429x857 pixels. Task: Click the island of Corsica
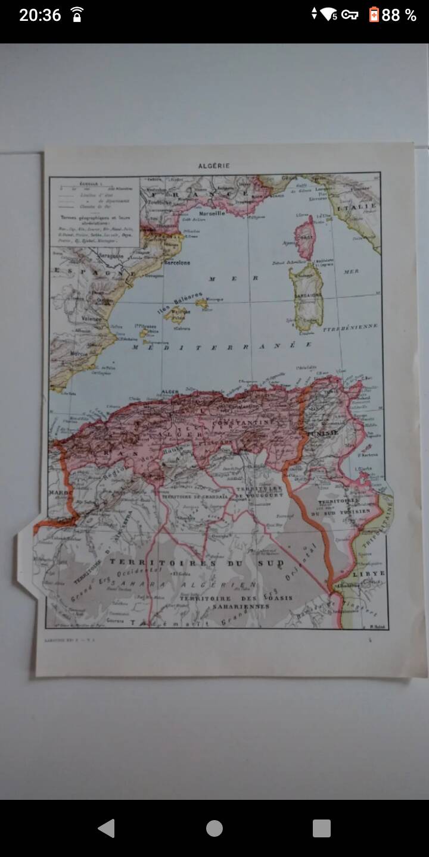click(x=305, y=237)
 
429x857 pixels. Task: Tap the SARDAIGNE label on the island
click(x=307, y=295)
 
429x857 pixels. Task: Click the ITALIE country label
click(x=356, y=207)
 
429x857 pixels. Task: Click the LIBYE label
click(x=369, y=574)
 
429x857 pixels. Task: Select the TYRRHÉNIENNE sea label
click(x=351, y=327)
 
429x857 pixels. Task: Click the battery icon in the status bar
click(x=374, y=15)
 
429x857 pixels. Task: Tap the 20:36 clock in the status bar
click(x=40, y=15)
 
